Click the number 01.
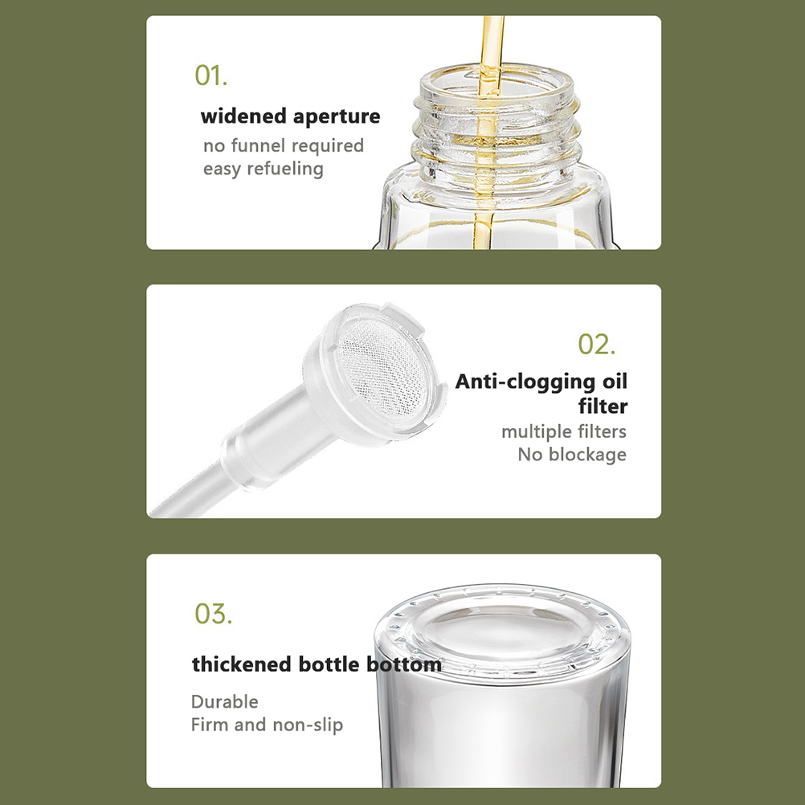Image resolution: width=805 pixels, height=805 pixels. (210, 76)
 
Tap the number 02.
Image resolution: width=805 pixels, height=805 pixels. (597, 344)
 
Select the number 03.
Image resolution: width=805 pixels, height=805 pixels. (213, 613)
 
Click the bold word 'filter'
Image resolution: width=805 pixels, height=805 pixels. (603, 406)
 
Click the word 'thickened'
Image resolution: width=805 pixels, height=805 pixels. (241, 664)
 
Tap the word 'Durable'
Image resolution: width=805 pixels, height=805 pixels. (224, 702)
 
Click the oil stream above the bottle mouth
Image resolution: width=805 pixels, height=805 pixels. (490, 42)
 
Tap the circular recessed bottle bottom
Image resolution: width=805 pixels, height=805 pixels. (503, 629)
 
